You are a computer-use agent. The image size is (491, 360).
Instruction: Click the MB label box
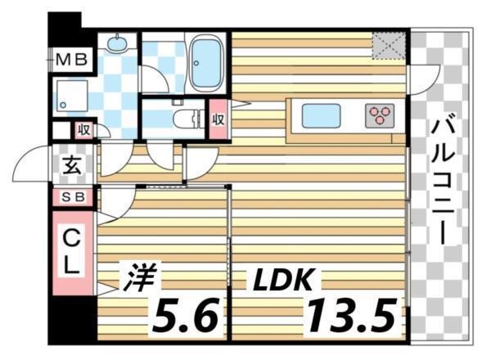tap(74, 59)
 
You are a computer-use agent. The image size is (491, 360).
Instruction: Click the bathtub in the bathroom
tap(205, 63)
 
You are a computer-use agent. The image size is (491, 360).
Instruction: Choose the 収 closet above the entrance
tap(82, 130)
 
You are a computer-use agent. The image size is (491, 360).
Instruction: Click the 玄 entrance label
tap(71, 166)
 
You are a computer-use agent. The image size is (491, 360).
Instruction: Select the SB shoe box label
tap(73, 197)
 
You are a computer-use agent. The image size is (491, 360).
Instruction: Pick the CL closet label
tap(72, 252)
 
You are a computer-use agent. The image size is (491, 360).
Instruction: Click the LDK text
tap(282, 279)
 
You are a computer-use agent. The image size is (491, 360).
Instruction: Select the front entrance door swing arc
tap(31, 167)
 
